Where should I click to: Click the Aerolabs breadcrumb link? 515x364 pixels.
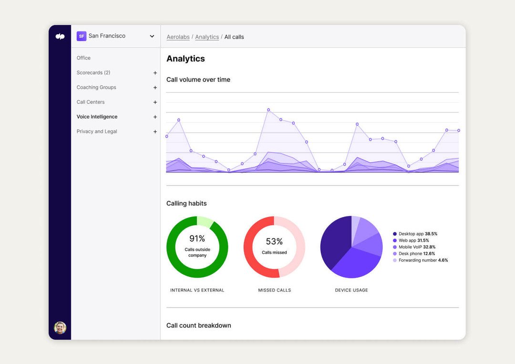(x=178, y=37)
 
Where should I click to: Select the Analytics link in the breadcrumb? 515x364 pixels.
(x=207, y=37)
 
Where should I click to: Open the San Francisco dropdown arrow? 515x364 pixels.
(x=152, y=36)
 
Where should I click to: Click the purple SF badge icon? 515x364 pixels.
(x=82, y=36)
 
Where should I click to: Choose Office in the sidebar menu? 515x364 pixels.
(x=83, y=58)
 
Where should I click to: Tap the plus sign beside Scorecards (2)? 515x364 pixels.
(x=155, y=73)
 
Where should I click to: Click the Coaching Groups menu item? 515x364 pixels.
(x=96, y=88)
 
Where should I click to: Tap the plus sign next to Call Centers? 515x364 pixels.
(x=155, y=102)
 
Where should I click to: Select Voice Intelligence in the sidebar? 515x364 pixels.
(x=97, y=117)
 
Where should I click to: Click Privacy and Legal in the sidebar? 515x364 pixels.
(x=97, y=131)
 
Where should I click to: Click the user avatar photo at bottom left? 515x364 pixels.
(x=60, y=327)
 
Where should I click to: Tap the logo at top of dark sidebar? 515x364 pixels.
(x=60, y=37)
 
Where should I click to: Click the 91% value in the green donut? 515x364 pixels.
(x=197, y=238)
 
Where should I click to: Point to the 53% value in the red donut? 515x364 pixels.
(x=274, y=241)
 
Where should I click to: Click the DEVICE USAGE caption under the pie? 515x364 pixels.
(x=351, y=290)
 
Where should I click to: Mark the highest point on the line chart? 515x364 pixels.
(x=268, y=109)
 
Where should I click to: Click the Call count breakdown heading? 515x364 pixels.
(x=198, y=325)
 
